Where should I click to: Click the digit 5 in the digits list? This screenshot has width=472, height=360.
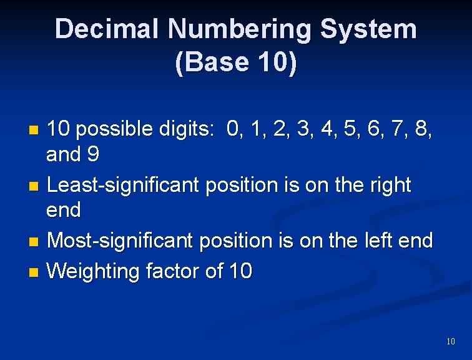(357, 129)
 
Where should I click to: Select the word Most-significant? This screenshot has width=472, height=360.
(123, 241)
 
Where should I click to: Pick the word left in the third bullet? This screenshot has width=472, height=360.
(373, 241)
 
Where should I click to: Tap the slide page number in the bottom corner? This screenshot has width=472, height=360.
(451, 341)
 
